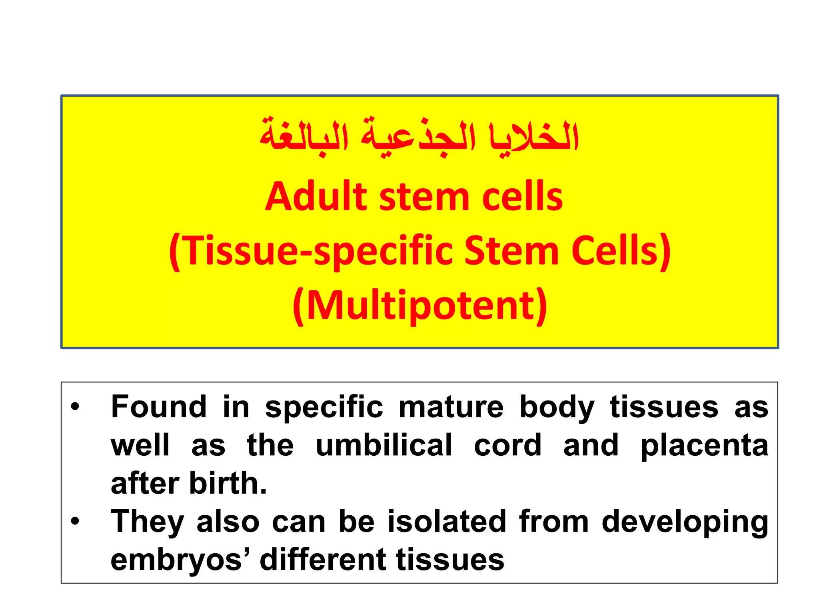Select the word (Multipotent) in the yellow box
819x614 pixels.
pos(419,306)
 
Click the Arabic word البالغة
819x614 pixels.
pos(304,136)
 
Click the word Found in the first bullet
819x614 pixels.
pos(159,407)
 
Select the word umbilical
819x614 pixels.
pos(384,445)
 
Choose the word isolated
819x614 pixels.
pos(447,521)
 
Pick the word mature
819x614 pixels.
pos(451,407)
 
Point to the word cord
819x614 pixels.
pos(507,445)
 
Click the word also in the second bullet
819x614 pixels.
pos(228,521)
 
